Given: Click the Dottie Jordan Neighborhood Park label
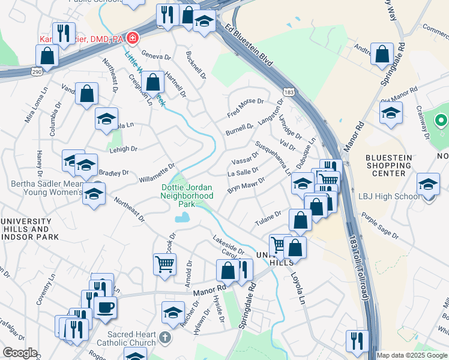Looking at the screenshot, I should [x=187, y=196].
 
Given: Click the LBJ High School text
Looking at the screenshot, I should [x=390, y=196].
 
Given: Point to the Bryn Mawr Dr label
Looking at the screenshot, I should [x=246, y=185].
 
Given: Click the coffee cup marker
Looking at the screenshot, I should [x=105, y=307].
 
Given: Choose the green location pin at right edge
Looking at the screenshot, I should [x=441, y=121].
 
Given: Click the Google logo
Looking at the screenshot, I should [x=19, y=353].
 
